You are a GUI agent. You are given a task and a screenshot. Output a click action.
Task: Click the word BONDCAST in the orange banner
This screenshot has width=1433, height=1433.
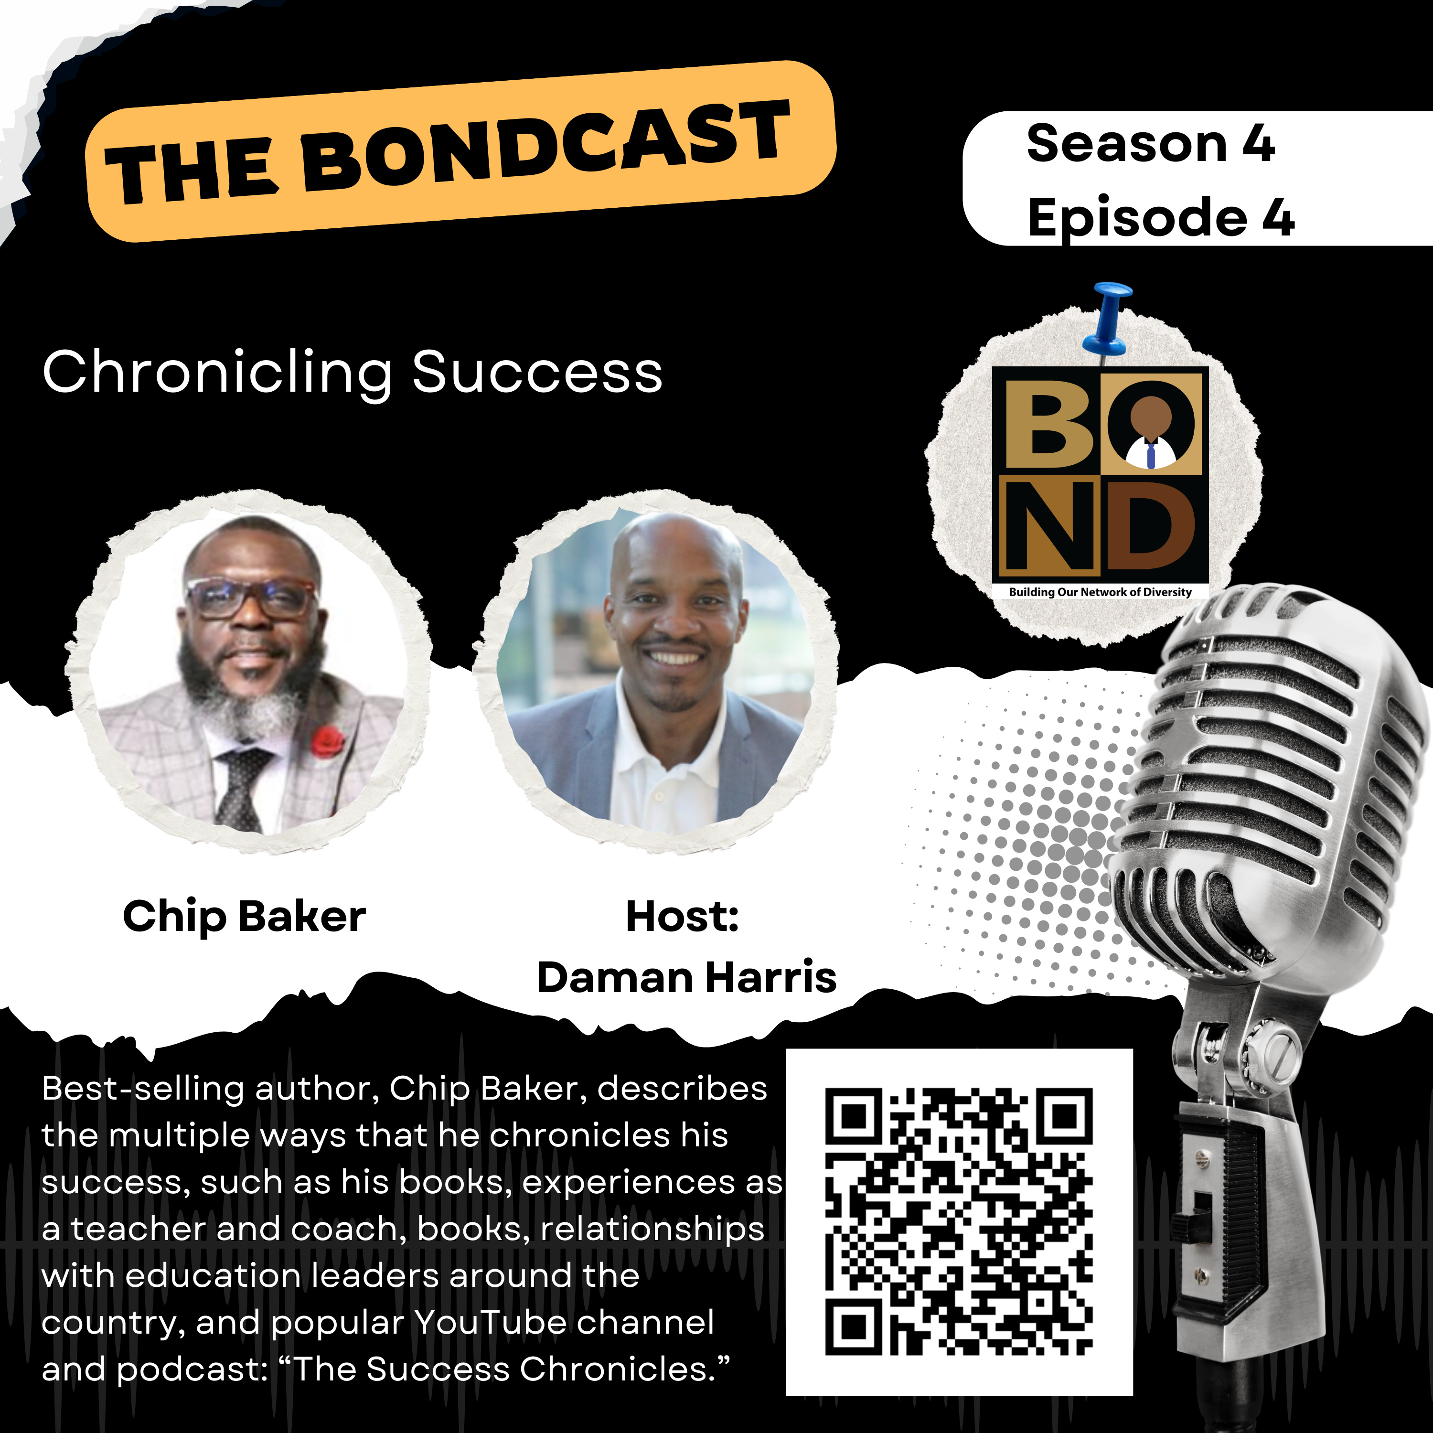pyautogui.click(x=546, y=145)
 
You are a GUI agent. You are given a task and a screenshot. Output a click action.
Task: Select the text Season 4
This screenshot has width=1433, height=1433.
pyautogui.click(x=1150, y=143)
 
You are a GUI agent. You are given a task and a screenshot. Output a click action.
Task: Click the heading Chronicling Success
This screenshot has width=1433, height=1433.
pyautogui.click(x=353, y=373)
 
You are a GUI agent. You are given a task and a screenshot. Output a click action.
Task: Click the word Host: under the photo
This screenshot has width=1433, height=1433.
pyautogui.click(x=683, y=916)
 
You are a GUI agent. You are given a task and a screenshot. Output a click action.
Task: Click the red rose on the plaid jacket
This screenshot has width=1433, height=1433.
pyautogui.click(x=327, y=742)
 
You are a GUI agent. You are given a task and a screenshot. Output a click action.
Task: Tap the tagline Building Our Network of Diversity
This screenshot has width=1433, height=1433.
pyautogui.click(x=1100, y=592)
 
